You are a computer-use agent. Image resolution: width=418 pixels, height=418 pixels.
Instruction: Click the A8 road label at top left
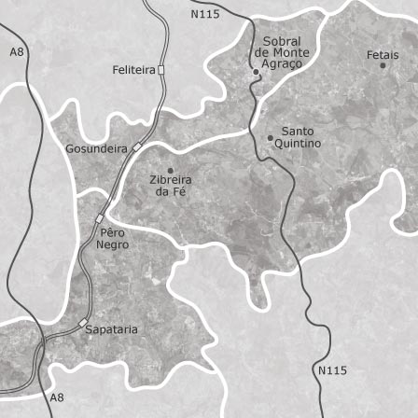(16, 53)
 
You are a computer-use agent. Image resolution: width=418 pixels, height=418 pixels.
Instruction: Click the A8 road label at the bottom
(57, 397)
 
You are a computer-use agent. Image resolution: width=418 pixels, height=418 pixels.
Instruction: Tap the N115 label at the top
(204, 14)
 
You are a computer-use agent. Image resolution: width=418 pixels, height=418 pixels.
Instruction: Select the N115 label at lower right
(332, 370)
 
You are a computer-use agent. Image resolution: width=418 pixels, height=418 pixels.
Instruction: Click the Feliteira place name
(133, 70)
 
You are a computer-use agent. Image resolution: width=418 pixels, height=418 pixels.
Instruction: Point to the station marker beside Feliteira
(160, 70)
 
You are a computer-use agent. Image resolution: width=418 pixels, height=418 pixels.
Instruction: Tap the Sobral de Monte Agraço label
(282, 53)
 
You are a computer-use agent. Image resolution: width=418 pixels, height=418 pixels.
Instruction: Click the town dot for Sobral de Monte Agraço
(257, 71)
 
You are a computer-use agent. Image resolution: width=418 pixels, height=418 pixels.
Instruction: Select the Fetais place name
(383, 56)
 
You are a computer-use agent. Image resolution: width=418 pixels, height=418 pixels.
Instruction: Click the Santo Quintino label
(298, 138)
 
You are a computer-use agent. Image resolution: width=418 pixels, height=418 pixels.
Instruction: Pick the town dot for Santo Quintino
(271, 137)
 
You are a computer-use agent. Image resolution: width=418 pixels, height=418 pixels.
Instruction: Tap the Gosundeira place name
(96, 148)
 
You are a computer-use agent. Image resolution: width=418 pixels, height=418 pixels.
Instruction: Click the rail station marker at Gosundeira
(136, 147)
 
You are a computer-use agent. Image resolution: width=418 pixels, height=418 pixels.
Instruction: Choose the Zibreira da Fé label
(171, 185)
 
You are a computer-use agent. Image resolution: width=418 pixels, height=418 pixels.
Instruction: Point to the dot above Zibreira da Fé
(170, 170)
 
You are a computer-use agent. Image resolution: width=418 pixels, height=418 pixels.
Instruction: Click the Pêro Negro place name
(112, 237)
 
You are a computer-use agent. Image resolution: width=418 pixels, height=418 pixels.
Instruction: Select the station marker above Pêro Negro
(100, 218)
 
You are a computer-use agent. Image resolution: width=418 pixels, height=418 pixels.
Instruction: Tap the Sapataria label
(112, 329)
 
